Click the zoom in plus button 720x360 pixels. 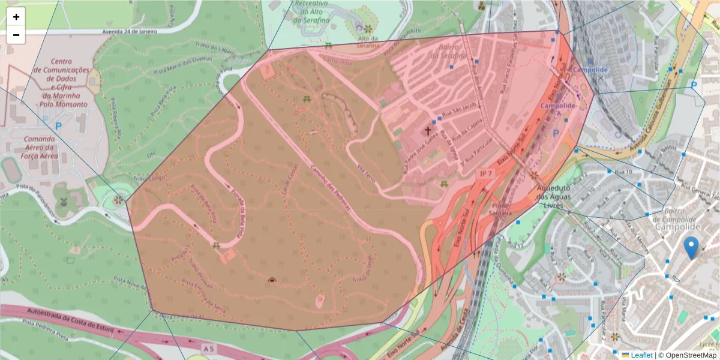pos(16,17)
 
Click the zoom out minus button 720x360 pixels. pos(16,35)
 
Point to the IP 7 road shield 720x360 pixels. pos(485,173)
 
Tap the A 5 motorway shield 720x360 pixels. pos(208,348)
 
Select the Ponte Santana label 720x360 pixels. pos(500,208)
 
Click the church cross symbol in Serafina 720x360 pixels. pos(429,130)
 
